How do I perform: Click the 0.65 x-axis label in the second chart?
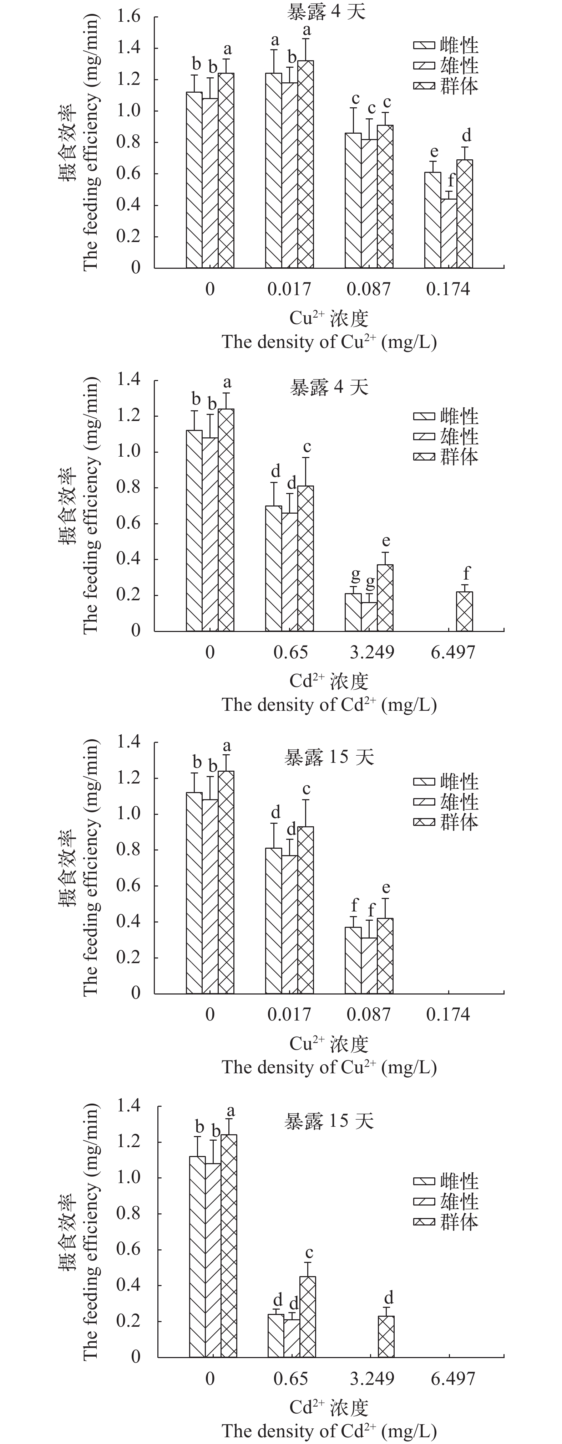290,652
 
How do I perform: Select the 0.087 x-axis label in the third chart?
369,1014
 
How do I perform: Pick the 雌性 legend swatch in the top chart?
424,45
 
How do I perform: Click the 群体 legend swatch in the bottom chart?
424,1222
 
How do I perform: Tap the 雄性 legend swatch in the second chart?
424,437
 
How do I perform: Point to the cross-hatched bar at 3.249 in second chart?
385,597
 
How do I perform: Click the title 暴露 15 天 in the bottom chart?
329,1121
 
